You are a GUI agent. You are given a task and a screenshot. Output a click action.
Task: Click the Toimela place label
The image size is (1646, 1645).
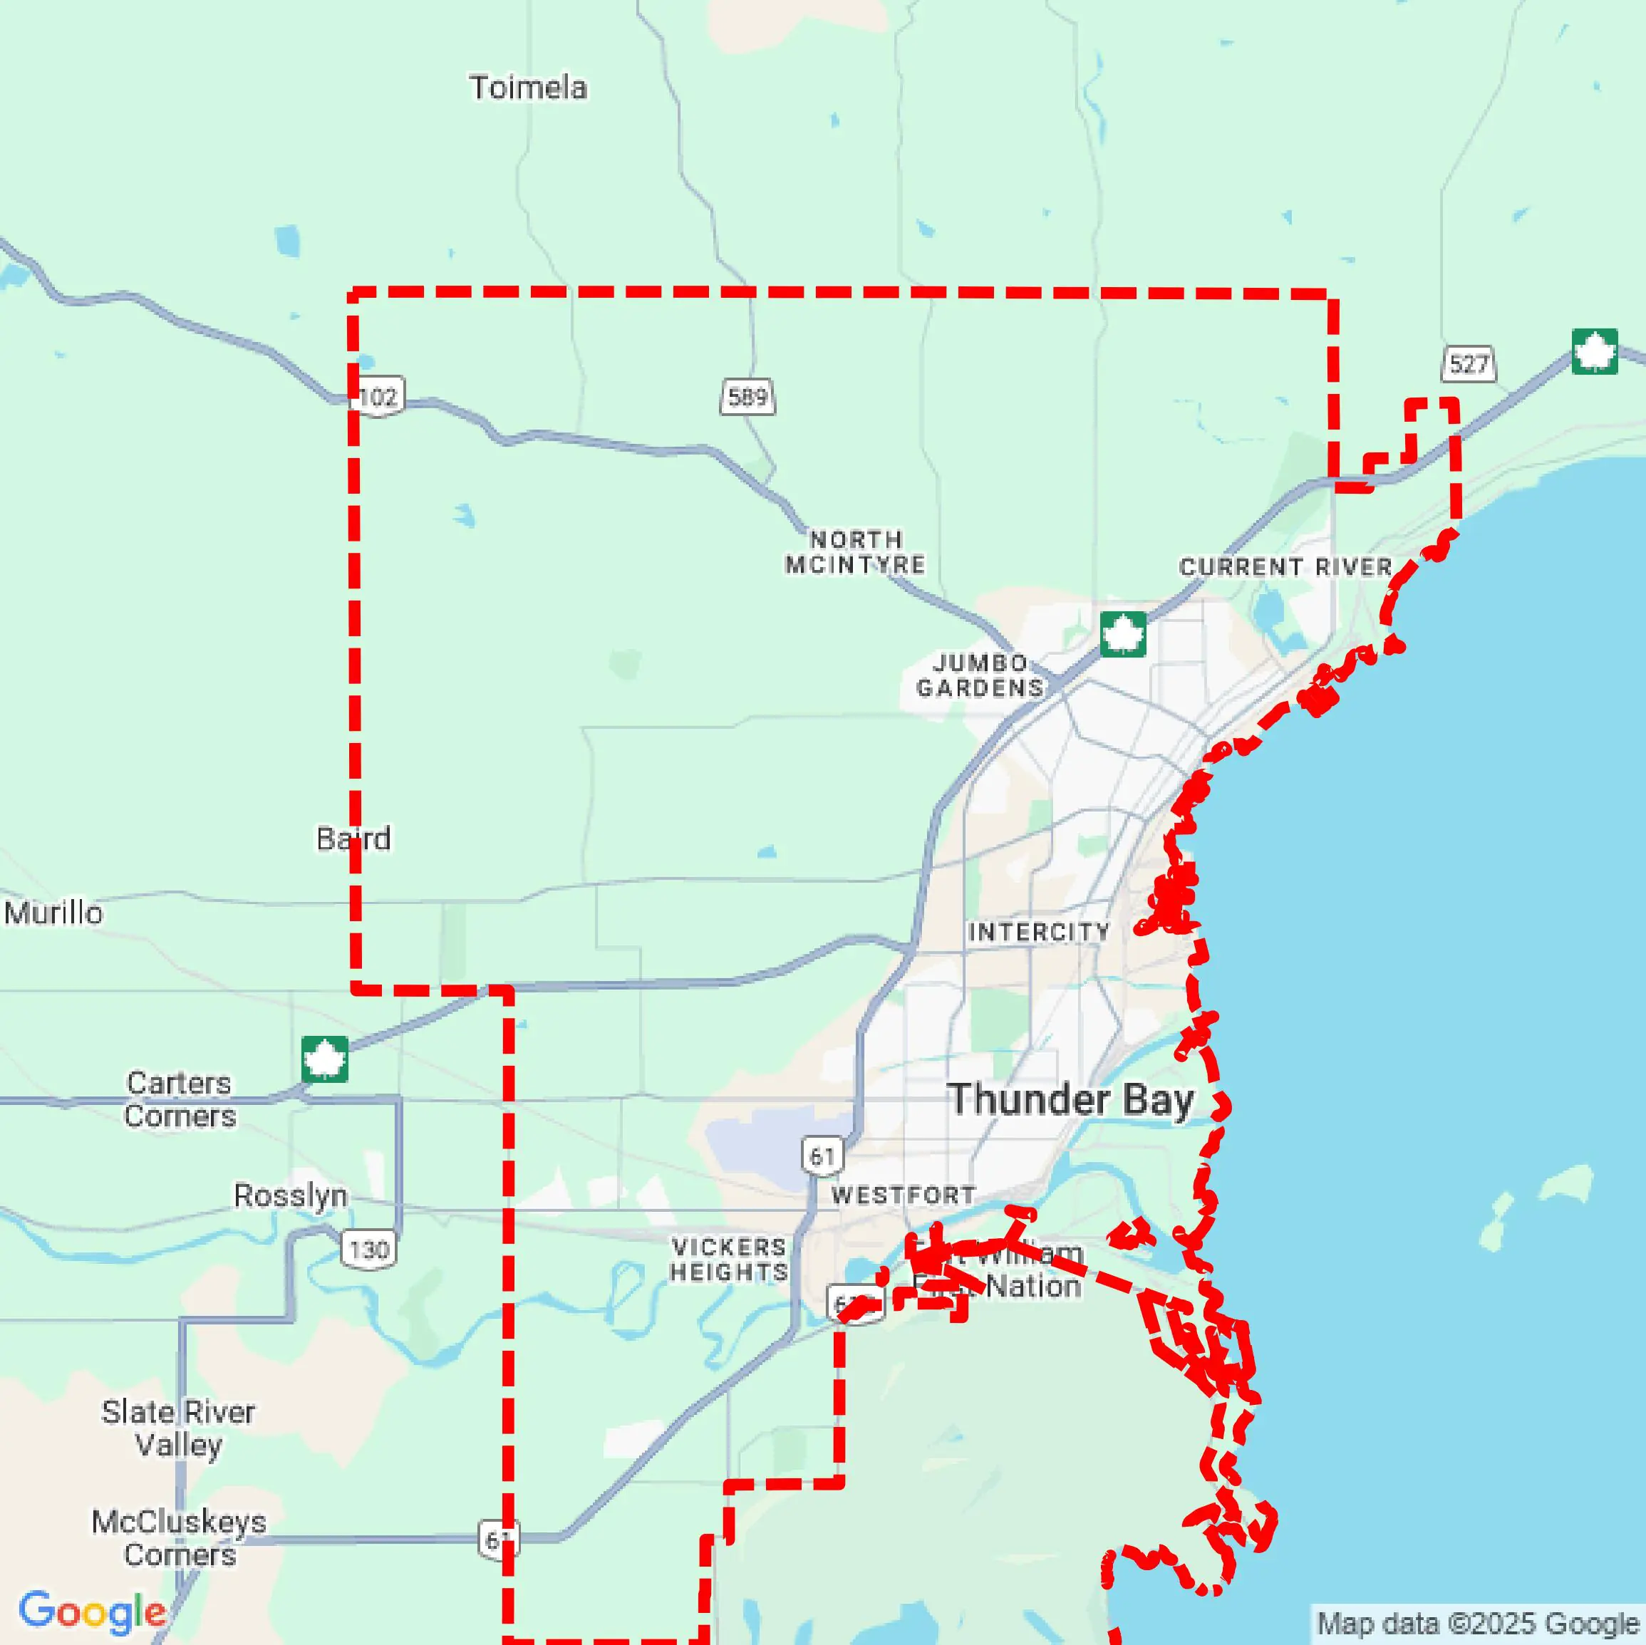tap(527, 88)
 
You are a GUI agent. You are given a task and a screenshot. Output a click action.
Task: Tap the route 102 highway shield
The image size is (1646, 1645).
tap(378, 396)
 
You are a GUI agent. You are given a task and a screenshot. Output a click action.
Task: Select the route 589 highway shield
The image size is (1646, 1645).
tap(747, 396)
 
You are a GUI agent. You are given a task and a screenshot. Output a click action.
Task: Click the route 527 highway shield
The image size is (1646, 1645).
tap(1468, 364)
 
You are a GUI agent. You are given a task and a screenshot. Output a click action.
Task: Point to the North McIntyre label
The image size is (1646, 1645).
tap(854, 552)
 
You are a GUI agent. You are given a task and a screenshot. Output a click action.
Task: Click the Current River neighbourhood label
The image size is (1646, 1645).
tap(1285, 566)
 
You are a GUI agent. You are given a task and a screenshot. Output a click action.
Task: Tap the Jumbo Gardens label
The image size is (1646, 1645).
tap(980, 675)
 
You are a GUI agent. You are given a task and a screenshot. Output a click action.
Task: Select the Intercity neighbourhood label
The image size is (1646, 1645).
tap(1039, 931)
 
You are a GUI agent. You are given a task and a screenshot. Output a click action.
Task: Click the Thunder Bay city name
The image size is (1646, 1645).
tap(1070, 1099)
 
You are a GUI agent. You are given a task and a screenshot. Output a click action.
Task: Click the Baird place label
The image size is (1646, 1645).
tap(353, 839)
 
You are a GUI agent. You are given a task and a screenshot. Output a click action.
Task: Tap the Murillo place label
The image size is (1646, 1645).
tap(53, 913)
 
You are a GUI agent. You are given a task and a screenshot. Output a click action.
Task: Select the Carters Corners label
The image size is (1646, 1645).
tap(179, 1099)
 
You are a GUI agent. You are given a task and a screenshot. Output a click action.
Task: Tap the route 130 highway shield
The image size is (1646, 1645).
tap(368, 1250)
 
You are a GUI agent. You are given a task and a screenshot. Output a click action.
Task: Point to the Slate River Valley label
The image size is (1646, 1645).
tap(178, 1428)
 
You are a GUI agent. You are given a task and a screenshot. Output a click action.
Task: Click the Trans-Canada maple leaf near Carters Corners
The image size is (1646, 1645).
tap(325, 1059)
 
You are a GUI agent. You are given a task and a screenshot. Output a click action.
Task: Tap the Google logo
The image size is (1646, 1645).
tap(92, 1612)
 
